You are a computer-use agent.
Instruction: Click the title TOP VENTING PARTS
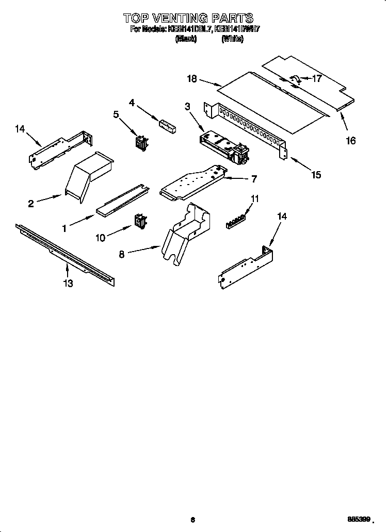(x=188, y=19)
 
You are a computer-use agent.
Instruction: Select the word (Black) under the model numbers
(x=186, y=39)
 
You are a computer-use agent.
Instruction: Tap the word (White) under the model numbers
(x=232, y=39)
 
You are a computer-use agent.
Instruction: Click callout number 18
(x=192, y=78)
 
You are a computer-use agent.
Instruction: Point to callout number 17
(x=317, y=79)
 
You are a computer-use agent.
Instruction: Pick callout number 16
(x=350, y=141)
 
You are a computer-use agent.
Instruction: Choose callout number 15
(x=316, y=175)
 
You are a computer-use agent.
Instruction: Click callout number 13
(x=68, y=283)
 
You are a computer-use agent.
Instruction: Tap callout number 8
(x=122, y=254)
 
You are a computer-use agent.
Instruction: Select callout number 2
(x=31, y=204)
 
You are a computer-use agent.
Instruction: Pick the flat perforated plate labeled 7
(x=193, y=183)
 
